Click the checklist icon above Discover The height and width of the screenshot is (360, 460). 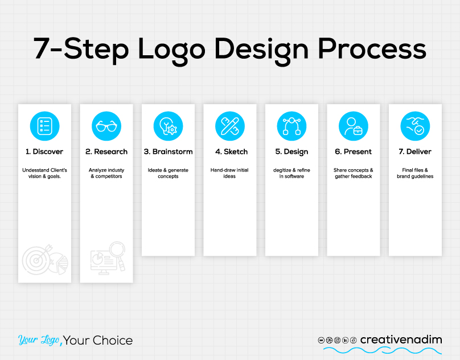44,126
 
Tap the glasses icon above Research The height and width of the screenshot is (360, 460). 106,126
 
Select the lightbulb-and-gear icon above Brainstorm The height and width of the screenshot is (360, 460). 168,126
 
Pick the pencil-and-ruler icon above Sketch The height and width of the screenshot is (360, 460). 230,126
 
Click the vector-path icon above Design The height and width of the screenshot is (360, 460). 291,126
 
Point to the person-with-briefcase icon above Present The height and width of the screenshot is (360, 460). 354,126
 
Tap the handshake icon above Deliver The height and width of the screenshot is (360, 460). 415,126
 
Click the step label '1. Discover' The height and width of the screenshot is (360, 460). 44,152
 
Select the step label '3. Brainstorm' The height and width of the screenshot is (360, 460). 168,152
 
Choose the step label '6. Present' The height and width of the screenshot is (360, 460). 353,152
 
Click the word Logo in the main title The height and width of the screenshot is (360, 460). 171,50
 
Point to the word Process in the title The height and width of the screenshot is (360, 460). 372,49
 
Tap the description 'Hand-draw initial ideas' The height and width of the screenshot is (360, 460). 229,173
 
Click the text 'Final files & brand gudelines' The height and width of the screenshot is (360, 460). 415,173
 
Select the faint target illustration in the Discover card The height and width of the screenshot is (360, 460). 45,260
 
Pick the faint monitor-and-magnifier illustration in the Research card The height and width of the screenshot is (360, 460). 108,258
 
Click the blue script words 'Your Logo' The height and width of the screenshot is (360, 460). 39,339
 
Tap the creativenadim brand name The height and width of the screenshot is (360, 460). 401,339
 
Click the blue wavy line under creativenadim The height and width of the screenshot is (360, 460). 383,350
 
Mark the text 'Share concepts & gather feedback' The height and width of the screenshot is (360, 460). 353,173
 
